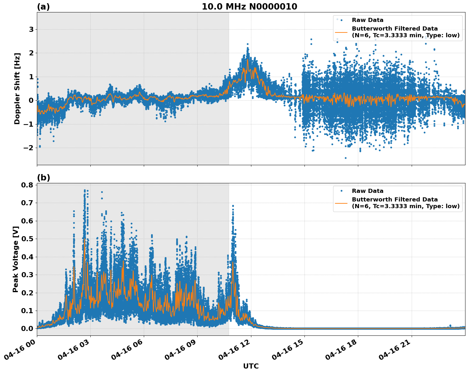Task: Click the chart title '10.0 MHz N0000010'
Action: point(249,7)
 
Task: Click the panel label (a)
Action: point(43,7)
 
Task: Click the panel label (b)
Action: point(43,178)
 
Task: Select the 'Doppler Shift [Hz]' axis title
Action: point(17,88)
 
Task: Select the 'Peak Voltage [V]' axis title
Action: point(16,259)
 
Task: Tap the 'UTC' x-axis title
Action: point(251,366)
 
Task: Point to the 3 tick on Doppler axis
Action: point(31,29)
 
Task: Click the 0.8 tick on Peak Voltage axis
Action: point(27,185)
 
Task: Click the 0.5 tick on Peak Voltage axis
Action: point(27,239)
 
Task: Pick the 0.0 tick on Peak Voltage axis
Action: point(27,328)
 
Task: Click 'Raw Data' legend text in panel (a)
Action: point(367,20)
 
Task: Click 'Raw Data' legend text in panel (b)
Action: point(367,191)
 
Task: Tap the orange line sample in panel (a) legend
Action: point(341,32)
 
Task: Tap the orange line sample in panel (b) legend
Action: point(341,203)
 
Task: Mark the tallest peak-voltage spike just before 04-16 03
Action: point(85,191)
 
